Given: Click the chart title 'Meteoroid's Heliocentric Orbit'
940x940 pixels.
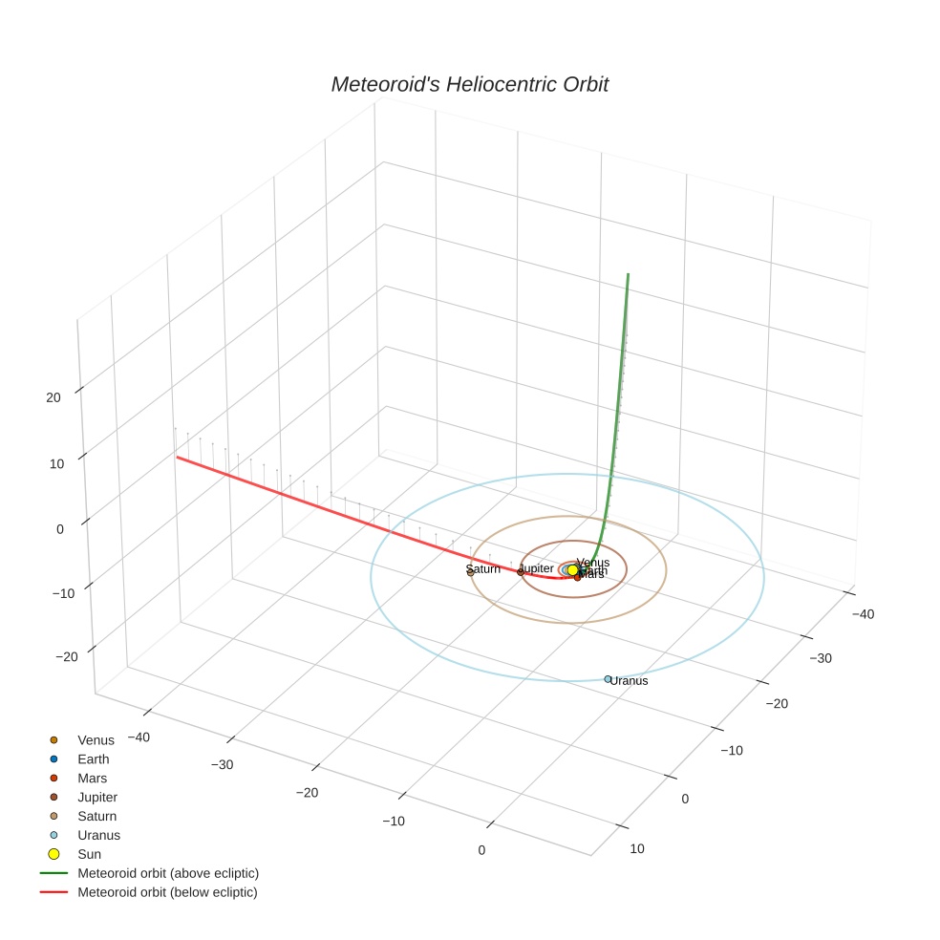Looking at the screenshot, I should coord(469,85).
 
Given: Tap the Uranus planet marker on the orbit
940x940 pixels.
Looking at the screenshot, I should coord(608,679).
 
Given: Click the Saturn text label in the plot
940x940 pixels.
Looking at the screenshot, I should coord(483,569).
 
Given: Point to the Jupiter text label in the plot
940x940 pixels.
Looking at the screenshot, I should coord(535,568).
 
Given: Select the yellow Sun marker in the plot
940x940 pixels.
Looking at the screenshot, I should coord(572,570).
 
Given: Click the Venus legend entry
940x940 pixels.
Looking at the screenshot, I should coord(96,740).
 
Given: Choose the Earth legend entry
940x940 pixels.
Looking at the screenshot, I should coord(94,759).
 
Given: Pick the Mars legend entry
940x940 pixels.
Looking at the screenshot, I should coord(92,779).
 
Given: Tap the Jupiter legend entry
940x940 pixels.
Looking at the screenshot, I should coord(97,798).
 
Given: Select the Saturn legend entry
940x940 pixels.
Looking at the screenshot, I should coord(96,817).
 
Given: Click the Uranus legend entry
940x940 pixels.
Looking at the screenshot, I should coord(98,835).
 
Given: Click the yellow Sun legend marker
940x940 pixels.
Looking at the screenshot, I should coord(54,854).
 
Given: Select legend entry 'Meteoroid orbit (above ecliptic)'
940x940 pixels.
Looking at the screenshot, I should coord(168,873).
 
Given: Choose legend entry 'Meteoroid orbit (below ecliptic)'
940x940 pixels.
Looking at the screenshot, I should coord(167,892).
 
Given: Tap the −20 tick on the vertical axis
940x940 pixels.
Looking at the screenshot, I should coord(67,656).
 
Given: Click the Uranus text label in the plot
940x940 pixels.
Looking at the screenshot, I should coord(630,681).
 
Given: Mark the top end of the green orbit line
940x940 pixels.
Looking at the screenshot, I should coord(629,274).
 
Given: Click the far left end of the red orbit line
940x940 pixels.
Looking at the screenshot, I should coord(176,457).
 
